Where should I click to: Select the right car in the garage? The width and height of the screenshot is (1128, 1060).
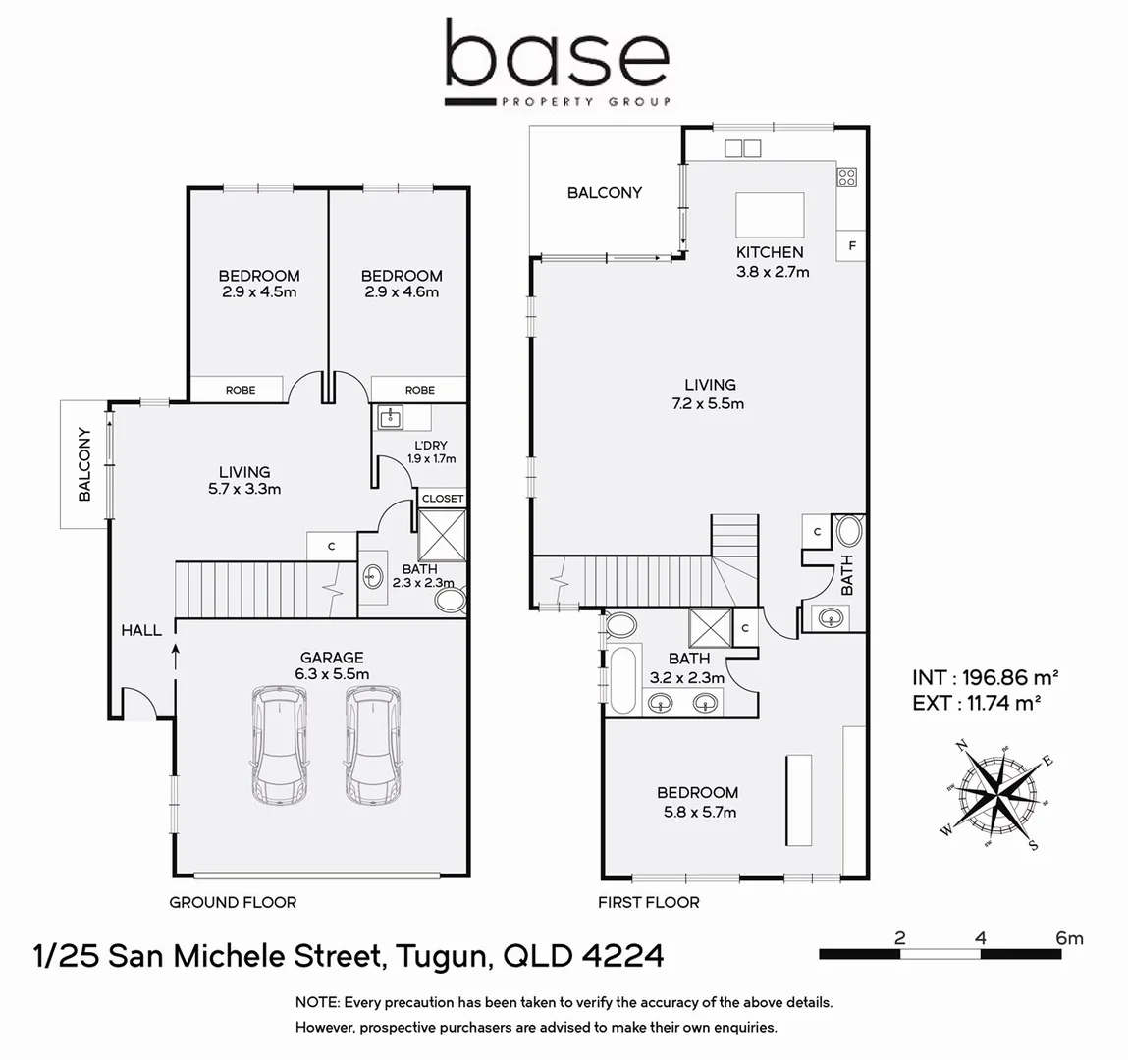pyautogui.click(x=372, y=745)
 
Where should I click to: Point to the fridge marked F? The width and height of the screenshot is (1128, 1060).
pyautogui.click(x=851, y=245)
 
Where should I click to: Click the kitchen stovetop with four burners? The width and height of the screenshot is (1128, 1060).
pyautogui.click(x=846, y=178)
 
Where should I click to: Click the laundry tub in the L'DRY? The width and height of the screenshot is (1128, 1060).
pyautogui.click(x=391, y=419)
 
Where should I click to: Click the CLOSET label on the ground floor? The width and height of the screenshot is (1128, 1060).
pyautogui.click(x=443, y=499)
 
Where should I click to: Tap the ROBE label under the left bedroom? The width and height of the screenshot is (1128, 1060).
pyautogui.click(x=241, y=390)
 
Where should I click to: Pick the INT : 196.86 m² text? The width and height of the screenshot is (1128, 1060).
pyautogui.click(x=985, y=677)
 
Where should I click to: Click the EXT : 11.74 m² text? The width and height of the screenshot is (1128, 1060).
pyautogui.click(x=976, y=703)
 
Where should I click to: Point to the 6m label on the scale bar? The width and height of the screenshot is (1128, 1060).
pyautogui.click(x=1069, y=938)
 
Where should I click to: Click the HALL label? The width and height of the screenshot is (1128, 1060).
pyautogui.click(x=141, y=630)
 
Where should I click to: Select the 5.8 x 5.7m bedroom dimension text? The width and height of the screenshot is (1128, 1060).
pyautogui.click(x=697, y=812)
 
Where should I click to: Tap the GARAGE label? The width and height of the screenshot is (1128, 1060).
pyautogui.click(x=332, y=658)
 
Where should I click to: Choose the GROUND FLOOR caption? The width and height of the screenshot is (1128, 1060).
pyautogui.click(x=233, y=902)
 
